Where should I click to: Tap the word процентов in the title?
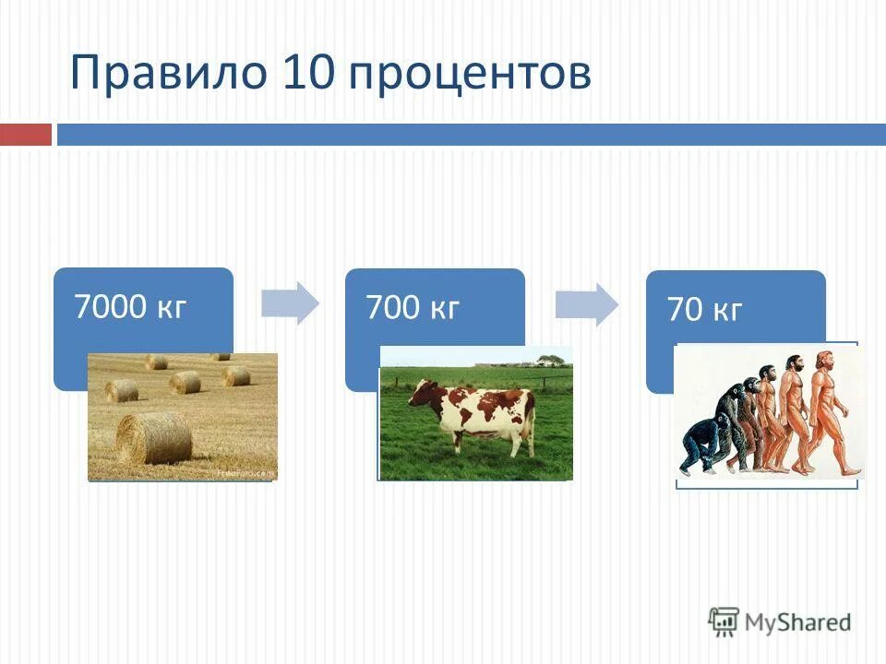tap(471, 75)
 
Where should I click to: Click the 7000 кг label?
tap(130, 306)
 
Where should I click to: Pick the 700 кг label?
tap(413, 306)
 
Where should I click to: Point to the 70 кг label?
tap(704, 311)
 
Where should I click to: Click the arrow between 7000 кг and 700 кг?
tap(289, 303)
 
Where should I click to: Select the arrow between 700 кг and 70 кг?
tap(586, 305)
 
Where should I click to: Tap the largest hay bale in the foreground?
tap(154, 438)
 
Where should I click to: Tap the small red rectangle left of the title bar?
tap(25, 135)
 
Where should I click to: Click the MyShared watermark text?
tap(797, 622)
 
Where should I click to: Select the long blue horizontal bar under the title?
tap(471, 135)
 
